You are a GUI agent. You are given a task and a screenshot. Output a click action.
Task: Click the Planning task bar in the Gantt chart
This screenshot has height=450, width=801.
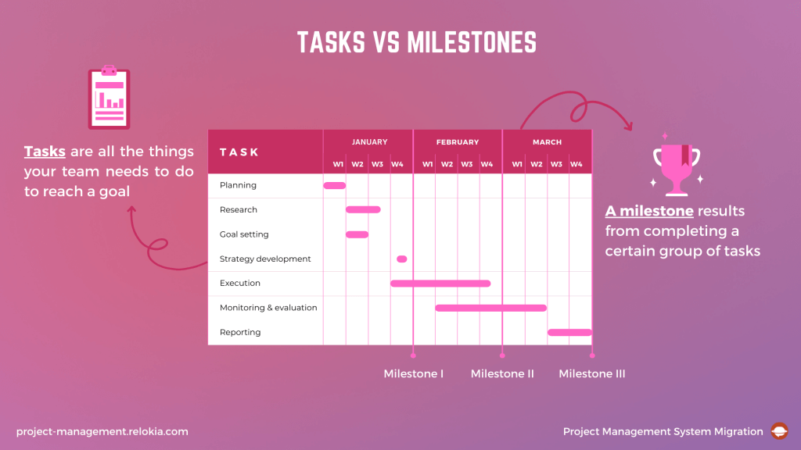tap(334, 185)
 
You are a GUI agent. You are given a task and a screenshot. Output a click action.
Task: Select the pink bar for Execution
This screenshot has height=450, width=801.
tap(440, 283)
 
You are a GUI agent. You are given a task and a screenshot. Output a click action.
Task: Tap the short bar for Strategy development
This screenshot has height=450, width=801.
tap(402, 259)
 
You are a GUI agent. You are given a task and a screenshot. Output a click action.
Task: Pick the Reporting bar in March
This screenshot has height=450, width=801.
tap(569, 332)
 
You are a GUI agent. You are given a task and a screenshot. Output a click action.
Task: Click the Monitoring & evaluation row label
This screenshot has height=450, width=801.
tap(268, 308)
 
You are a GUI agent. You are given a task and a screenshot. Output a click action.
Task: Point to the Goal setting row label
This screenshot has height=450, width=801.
tap(244, 234)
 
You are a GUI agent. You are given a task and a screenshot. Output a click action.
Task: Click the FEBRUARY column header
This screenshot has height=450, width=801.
tap(458, 142)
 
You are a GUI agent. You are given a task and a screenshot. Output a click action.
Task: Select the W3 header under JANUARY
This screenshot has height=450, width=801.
tap(377, 164)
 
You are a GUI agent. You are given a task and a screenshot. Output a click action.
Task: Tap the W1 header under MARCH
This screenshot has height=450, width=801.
tap(517, 164)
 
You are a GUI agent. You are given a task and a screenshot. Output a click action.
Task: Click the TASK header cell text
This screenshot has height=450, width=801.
tap(239, 152)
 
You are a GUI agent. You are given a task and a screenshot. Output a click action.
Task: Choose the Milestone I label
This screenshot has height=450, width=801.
tap(414, 374)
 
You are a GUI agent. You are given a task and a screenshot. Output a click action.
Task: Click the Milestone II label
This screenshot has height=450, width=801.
tap(502, 374)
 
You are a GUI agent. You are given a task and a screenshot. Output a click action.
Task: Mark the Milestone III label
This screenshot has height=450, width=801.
tap(592, 374)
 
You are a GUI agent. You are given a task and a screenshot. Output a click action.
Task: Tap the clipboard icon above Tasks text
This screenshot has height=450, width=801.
tap(109, 98)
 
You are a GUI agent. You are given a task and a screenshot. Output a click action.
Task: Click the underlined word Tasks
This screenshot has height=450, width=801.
tap(45, 152)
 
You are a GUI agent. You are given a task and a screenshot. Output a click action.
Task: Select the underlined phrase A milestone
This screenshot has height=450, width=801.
tap(649, 212)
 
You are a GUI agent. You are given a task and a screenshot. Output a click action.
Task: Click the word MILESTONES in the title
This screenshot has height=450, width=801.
tap(472, 43)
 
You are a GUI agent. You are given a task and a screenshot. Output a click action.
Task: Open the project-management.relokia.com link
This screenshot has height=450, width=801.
tap(102, 431)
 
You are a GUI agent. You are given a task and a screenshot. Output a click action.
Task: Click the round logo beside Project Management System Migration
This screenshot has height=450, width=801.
tap(779, 431)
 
